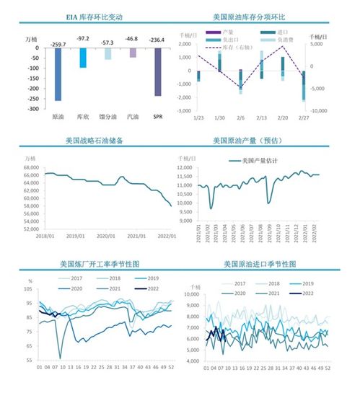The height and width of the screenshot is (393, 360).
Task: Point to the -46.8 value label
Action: coord(132,37)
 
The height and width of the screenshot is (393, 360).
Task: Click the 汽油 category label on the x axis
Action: coord(132,116)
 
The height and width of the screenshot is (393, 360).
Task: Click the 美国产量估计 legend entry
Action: coord(259,160)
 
